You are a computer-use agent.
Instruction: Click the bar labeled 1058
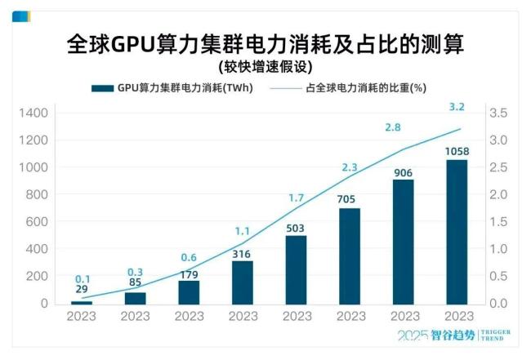tap(457, 232)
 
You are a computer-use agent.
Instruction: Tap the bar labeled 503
tap(296, 270)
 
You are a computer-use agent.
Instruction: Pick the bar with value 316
tap(243, 282)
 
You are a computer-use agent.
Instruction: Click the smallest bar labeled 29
tap(82, 302)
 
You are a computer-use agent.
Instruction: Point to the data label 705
tap(349, 198)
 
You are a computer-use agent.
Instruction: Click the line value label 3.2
tap(457, 107)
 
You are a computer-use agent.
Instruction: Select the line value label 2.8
tap(393, 127)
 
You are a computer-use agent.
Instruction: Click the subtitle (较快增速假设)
tap(265, 66)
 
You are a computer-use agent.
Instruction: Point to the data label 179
tap(189, 273)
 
